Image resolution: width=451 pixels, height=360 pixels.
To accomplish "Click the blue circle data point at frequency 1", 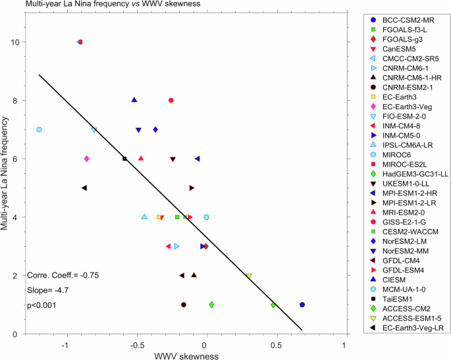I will point(302,305).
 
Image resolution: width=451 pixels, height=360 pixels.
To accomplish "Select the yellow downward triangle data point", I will point(248,276).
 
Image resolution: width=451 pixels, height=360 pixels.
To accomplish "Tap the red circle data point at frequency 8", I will point(171,100).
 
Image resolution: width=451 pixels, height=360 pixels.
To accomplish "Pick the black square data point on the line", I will point(124,159).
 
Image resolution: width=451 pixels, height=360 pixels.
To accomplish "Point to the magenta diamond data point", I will point(87,159).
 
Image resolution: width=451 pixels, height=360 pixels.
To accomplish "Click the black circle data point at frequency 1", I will point(184,305).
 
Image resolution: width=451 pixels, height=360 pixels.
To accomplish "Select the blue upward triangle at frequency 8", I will point(134,100).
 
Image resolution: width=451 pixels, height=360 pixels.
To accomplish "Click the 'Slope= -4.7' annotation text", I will point(49,290).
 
